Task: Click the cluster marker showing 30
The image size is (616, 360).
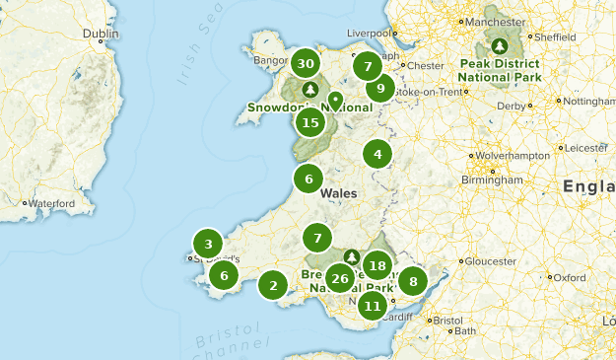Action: [x=306, y=64]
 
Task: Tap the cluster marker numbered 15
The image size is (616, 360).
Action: [x=310, y=122]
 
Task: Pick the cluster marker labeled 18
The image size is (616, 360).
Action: [x=376, y=264]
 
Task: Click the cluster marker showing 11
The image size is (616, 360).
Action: [x=372, y=305]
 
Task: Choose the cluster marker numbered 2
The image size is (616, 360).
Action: [x=273, y=286]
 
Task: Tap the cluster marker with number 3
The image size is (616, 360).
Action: [x=208, y=244]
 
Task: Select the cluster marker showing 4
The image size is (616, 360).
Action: [x=376, y=154]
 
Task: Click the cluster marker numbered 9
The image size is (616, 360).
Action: [x=380, y=89]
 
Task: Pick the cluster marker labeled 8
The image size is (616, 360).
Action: [x=413, y=281]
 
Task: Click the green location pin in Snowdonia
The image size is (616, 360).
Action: [x=335, y=101]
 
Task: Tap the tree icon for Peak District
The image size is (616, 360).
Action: [x=500, y=45]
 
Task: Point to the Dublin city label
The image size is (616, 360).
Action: [x=101, y=33]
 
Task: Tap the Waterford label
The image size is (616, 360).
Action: [x=52, y=203]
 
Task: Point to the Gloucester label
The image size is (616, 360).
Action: [x=490, y=261]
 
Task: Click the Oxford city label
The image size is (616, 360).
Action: [x=571, y=278]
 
